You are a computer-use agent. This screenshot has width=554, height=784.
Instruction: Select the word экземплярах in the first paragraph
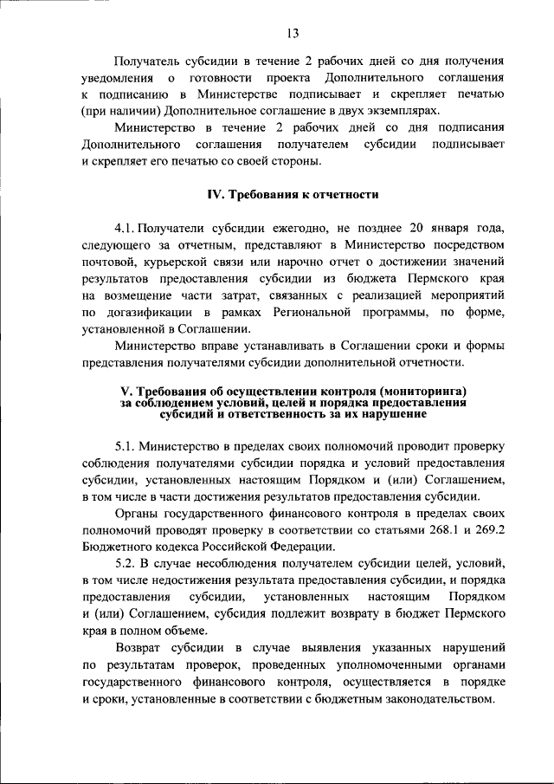pyautogui.click(x=401, y=112)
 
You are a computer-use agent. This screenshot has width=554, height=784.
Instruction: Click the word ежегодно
pyautogui.click(x=280, y=228)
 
